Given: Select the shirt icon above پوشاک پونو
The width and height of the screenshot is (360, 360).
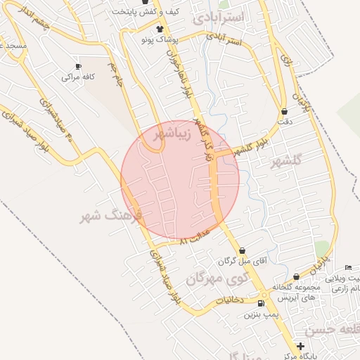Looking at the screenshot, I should click(x=162, y=29).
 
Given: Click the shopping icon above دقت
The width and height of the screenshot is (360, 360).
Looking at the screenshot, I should click(x=284, y=111).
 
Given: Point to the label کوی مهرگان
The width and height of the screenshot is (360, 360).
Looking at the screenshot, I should click(x=218, y=279).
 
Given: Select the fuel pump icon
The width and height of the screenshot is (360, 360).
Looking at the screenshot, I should click(x=262, y=303).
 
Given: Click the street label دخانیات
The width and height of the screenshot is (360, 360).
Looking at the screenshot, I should click(x=228, y=300).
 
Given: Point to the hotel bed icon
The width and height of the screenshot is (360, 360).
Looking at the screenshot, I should click(x=349, y=268).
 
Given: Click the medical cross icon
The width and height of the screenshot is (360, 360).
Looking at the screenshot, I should click(x=301, y=346).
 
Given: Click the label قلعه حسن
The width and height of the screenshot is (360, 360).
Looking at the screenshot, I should click(x=333, y=330).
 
